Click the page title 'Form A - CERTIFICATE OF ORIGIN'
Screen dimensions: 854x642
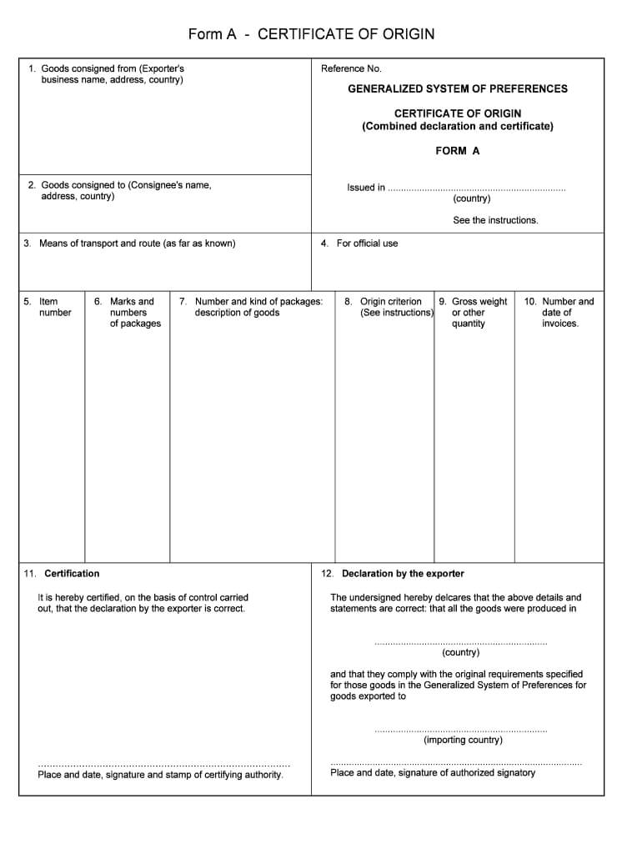[311, 34]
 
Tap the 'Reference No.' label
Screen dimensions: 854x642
[351, 68]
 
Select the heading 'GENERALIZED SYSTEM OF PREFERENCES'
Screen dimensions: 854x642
[457, 88]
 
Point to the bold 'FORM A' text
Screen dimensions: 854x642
[457, 151]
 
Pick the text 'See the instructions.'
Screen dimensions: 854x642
[495, 220]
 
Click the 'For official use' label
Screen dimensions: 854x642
[367, 244]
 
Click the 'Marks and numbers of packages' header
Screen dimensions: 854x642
[133, 313]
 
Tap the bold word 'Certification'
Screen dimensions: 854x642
[72, 574]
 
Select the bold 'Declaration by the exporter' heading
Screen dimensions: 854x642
[403, 574]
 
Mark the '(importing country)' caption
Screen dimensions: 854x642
[463, 740]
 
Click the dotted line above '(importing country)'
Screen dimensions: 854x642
[461, 731]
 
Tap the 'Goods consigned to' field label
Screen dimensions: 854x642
[126, 185]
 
